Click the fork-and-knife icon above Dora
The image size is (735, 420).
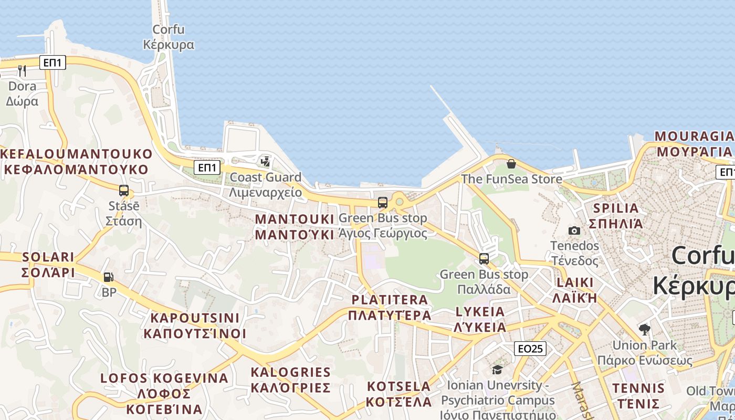(22, 70)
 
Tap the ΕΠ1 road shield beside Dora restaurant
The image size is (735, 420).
(52, 63)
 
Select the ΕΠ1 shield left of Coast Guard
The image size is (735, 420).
(207, 167)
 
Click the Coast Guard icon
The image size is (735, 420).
(266, 161)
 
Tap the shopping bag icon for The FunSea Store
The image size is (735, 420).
(511, 164)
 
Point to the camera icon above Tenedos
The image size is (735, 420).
(574, 230)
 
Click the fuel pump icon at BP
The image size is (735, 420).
(109, 277)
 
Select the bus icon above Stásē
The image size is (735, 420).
(124, 190)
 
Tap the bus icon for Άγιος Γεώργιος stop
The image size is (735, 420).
(383, 202)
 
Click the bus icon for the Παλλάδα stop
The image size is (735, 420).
(484, 258)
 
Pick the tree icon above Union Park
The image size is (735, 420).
(645, 329)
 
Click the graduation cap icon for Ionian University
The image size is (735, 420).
(497, 370)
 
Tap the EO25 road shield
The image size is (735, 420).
(530, 348)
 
